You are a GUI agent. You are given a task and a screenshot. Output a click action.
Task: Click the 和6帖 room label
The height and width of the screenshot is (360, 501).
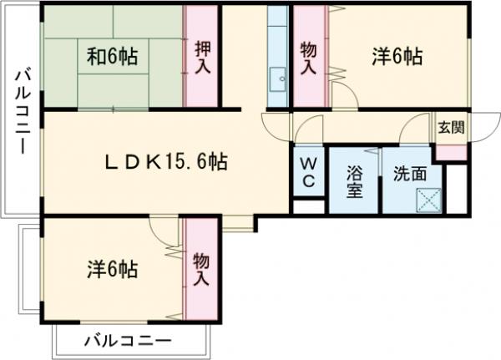(114, 58)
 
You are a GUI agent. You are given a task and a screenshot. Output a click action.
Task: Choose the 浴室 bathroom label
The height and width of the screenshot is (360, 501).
(355, 181)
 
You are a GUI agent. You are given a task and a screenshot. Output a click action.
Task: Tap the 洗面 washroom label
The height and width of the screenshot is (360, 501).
(410, 175)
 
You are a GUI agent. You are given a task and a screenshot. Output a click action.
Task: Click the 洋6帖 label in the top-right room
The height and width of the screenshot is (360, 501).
(396, 57)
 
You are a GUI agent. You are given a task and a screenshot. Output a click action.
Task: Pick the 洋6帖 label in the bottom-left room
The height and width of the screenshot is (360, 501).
(113, 269)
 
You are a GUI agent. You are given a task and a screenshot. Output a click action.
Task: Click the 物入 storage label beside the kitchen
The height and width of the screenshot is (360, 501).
(308, 58)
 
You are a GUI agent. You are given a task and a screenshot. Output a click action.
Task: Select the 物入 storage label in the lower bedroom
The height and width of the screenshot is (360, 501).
(201, 269)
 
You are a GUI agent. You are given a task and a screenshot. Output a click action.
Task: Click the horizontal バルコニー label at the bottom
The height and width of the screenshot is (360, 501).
(129, 342)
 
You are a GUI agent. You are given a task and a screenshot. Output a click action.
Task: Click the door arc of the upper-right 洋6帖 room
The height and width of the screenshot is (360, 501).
(345, 94)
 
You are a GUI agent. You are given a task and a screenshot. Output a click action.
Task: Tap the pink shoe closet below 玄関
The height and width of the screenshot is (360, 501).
(452, 153)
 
